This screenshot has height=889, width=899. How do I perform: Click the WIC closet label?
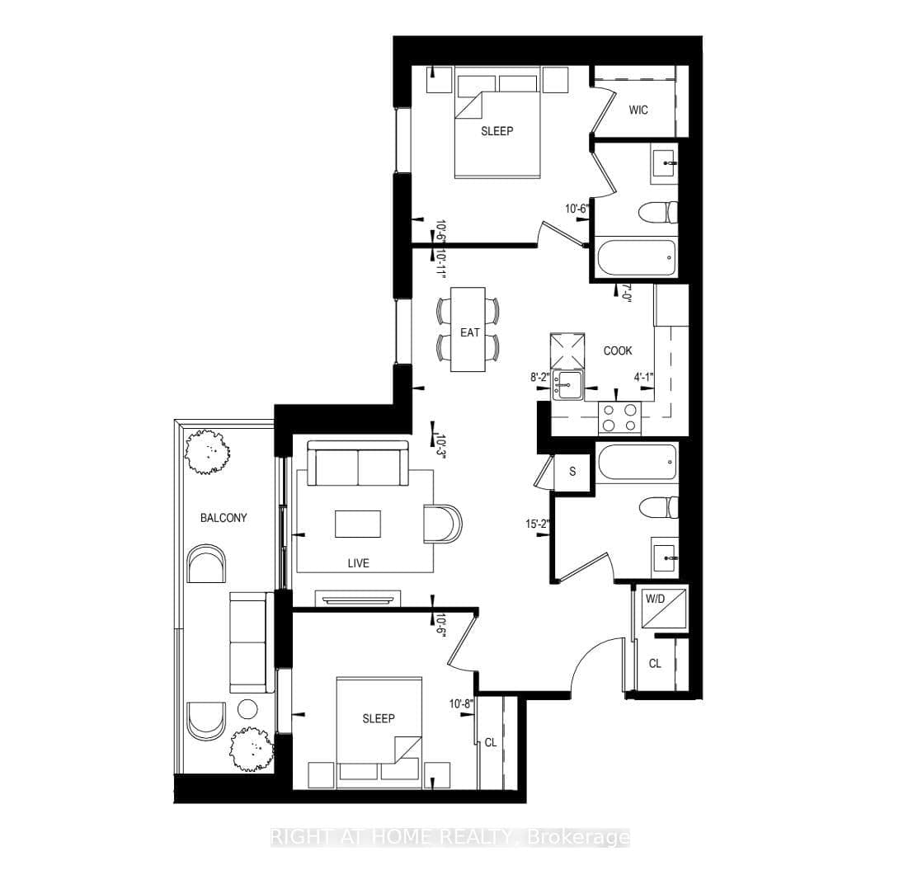click(638, 110)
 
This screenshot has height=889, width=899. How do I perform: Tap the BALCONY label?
click(224, 518)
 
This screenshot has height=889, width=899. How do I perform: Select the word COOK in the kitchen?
click(618, 350)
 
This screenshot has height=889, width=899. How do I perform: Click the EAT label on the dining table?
click(470, 332)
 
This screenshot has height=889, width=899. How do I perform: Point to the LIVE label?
click(358, 563)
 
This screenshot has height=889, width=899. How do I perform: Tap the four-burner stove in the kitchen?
click(619, 416)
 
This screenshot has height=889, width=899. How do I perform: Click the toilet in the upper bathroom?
click(658, 212)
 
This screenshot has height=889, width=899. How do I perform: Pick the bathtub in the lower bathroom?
click(637, 464)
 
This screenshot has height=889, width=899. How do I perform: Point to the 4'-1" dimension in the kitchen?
click(643, 379)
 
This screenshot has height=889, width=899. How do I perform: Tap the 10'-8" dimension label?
click(460, 703)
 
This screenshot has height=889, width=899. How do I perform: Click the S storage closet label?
click(572, 473)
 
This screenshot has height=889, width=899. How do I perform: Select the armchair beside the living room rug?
click(442, 524)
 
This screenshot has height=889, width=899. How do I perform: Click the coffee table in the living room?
click(358, 523)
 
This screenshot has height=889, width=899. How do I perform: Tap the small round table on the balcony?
click(247, 708)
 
